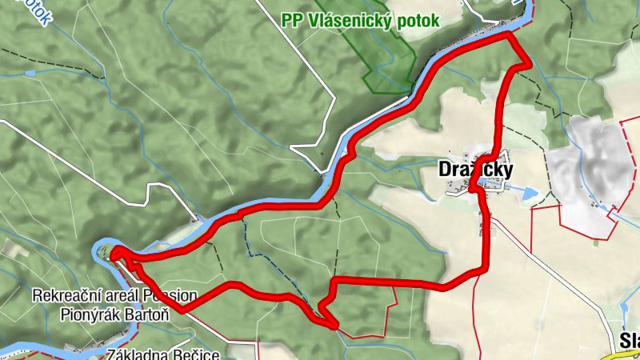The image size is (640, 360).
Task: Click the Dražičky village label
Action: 475,169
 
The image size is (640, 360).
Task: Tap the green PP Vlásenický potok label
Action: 360,20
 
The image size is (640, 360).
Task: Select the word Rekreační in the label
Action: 65,296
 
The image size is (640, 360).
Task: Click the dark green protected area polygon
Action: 384,56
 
